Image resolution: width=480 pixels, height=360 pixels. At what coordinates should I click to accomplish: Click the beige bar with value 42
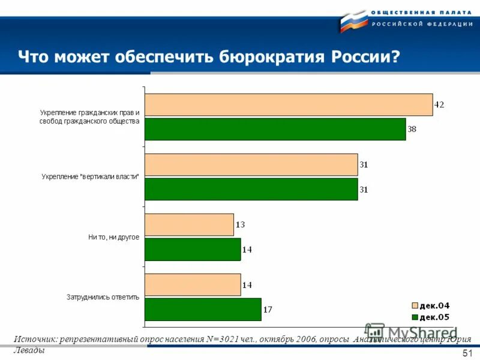[289, 104]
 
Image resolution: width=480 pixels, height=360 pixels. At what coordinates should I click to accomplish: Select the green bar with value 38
[275, 129]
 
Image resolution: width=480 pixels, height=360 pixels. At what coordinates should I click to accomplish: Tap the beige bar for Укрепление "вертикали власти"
[251, 164]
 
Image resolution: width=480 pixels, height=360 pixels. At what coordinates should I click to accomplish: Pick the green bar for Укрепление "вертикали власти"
[251, 189]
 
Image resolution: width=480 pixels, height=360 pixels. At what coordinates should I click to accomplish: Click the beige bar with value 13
[189, 224]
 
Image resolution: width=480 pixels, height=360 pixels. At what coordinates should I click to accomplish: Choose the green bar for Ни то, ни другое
[193, 249]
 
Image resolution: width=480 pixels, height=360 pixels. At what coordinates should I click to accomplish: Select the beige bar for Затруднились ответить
[193, 284]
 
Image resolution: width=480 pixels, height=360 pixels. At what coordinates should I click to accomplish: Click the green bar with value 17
[203, 309]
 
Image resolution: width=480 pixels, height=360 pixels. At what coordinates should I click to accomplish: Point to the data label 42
[439, 104]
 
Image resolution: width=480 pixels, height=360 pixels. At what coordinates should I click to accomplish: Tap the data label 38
[412, 129]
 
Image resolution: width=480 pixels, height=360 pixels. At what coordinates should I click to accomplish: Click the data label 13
[240, 224]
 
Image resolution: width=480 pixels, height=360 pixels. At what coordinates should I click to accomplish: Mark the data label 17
[268, 310]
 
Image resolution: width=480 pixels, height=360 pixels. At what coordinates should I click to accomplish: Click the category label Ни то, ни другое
[113, 237]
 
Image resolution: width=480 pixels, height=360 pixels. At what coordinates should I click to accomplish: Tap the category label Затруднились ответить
[103, 296]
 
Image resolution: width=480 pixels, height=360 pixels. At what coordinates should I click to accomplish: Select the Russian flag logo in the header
[353, 22]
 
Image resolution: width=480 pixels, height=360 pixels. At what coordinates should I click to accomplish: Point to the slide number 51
[468, 353]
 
